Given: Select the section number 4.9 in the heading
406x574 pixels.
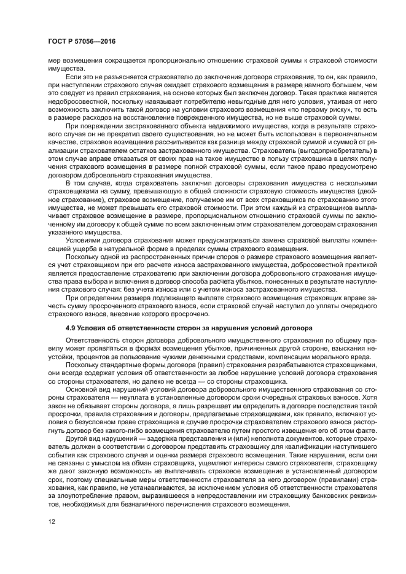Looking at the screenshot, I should pos(69,328).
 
